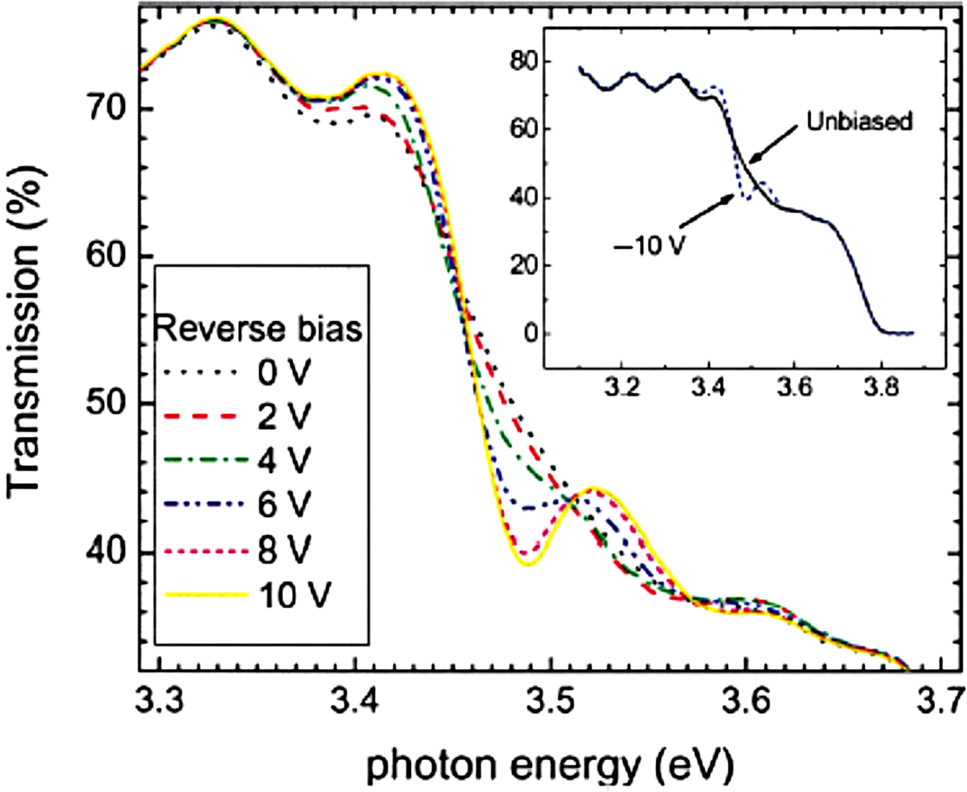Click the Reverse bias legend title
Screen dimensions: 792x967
coord(258,329)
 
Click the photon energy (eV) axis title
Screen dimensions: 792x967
coord(549,765)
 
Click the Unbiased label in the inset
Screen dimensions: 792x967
coord(859,122)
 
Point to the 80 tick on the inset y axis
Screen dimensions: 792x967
coord(524,61)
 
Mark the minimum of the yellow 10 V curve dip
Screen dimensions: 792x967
coord(528,564)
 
